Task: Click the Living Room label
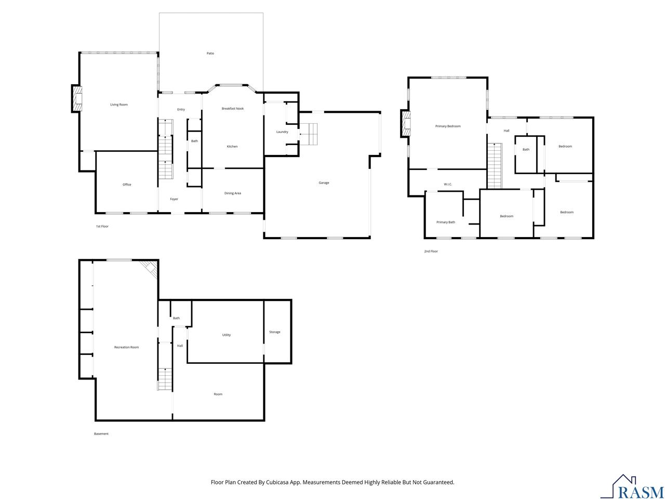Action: tap(119, 104)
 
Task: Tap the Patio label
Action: tap(210, 54)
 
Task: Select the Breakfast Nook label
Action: tap(232, 109)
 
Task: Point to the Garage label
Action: tap(324, 182)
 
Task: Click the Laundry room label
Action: tap(282, 132)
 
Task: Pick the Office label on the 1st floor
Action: tap(127, 185)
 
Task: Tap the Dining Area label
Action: tap(232, 193)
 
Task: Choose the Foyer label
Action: tap(174, 199)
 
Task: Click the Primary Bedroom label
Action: tap(448, 126)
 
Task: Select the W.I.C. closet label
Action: tap(448, 184)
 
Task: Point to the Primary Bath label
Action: tap(446, 222)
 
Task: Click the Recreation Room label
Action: tap(126, 347)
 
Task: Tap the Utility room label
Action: tap(227, 335)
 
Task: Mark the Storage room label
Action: tap(274, 332)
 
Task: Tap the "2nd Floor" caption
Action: tap(431, 251)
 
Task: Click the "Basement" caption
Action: tap(101, 434)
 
